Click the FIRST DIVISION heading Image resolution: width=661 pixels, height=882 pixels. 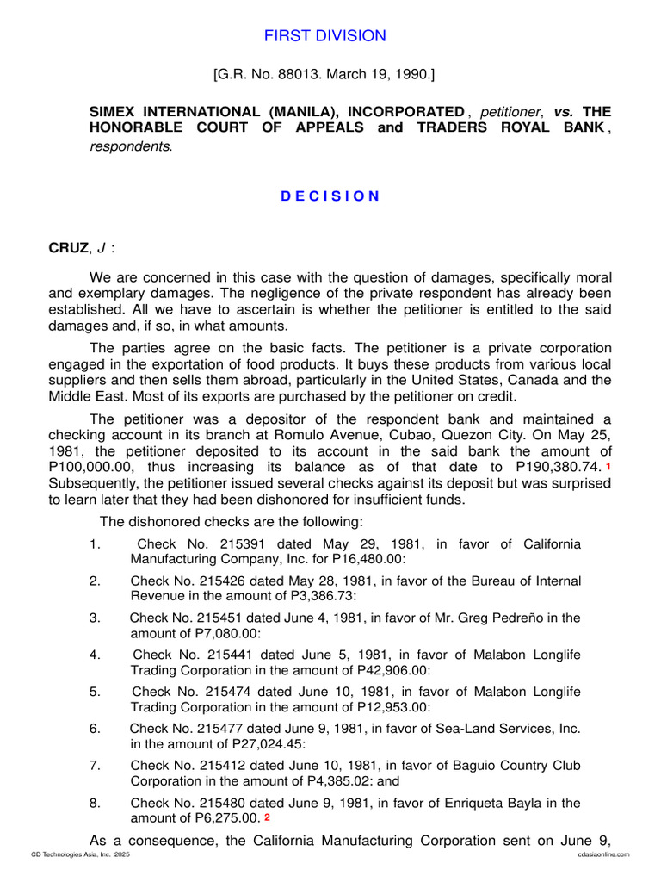324,35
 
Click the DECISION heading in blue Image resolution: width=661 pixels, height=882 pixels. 330,196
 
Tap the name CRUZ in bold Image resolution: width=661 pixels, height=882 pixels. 68,249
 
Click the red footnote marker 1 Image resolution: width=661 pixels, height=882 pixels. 608,466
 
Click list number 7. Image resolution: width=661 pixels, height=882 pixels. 95,766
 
